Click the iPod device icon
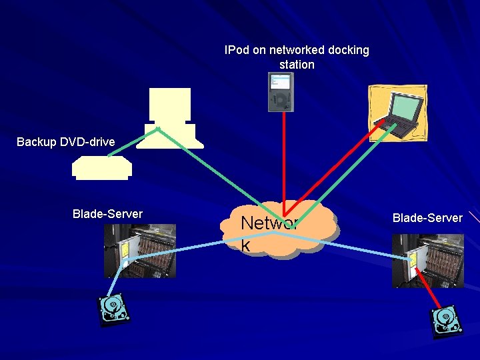pos(281,92)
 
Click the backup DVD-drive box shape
pos(102,168)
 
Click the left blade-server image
pos(140,250)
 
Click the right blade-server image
pos(427,261)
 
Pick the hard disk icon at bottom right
pos(446,320)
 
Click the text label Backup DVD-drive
pos(65,142)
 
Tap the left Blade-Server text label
pos(107,214)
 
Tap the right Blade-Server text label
pos(427,218)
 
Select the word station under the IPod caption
pos(297,65)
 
